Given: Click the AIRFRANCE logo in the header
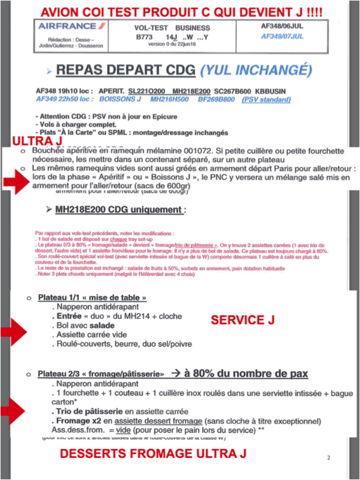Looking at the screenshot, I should click(67, 26).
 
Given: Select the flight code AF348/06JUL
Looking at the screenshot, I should click(283, 26).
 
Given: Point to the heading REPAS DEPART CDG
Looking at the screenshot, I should click(125, 70).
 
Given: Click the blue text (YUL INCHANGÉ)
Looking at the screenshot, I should click(256, 70).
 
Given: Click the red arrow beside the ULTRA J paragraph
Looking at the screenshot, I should click(17, 182).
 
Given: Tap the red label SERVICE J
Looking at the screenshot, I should click(242, 320).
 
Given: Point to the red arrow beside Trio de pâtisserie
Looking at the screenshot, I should click(17, 409).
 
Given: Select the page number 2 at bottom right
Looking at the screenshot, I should click(329, 457).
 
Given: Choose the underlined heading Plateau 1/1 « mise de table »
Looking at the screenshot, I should click(92, 297).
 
